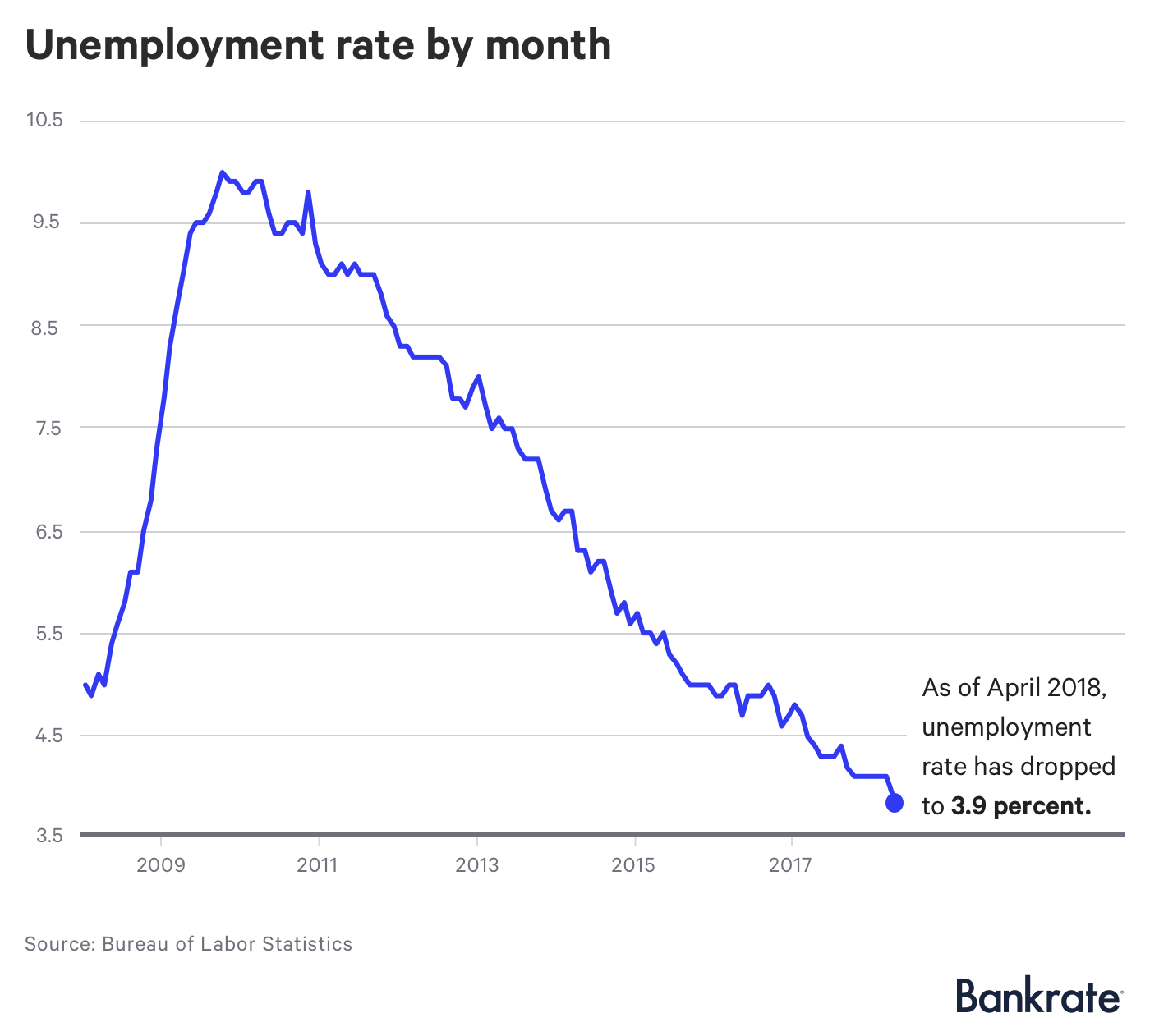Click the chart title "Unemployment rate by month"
[318, 45]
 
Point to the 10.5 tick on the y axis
[44, 120]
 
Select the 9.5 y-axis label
[47, 222]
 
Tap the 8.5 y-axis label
[47, 326]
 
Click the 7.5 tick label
[47, 428]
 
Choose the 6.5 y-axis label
[47, 531]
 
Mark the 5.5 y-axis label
[47, 634]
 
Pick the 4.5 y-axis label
[47, 736]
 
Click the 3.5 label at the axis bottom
[47, 836]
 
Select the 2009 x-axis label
[161, 865]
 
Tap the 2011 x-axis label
[318, 865]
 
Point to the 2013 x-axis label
[476, 865]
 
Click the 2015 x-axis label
[633, 865]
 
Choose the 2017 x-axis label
[791, 865]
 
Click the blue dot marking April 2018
[895, 803]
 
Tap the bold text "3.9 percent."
[1021, 806]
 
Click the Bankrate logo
[1038, 997]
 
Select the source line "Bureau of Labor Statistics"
[227, 944]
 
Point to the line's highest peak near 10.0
[223, 172]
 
